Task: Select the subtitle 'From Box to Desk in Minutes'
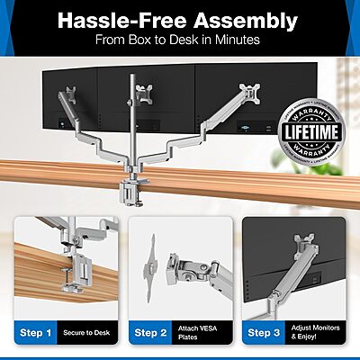180,40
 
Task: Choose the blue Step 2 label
150,332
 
